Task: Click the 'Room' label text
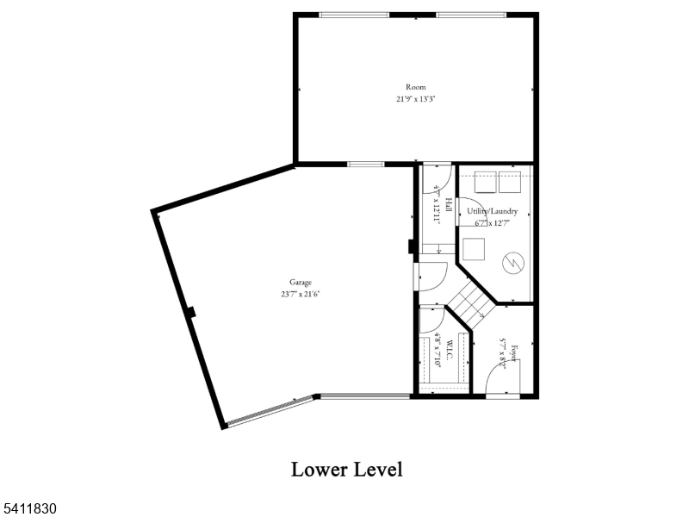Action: pos(415,87)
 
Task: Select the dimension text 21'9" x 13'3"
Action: pos(415,99)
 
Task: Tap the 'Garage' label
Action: pos(301,282)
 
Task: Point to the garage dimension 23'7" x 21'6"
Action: pos(301,294)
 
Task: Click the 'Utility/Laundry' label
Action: pos(493,211)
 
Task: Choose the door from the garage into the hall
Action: pos(431,277)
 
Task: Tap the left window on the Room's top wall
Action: pos(353,15)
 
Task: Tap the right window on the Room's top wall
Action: pos(470,15)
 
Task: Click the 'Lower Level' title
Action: pos(346,470)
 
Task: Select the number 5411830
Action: pos(29,509)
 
